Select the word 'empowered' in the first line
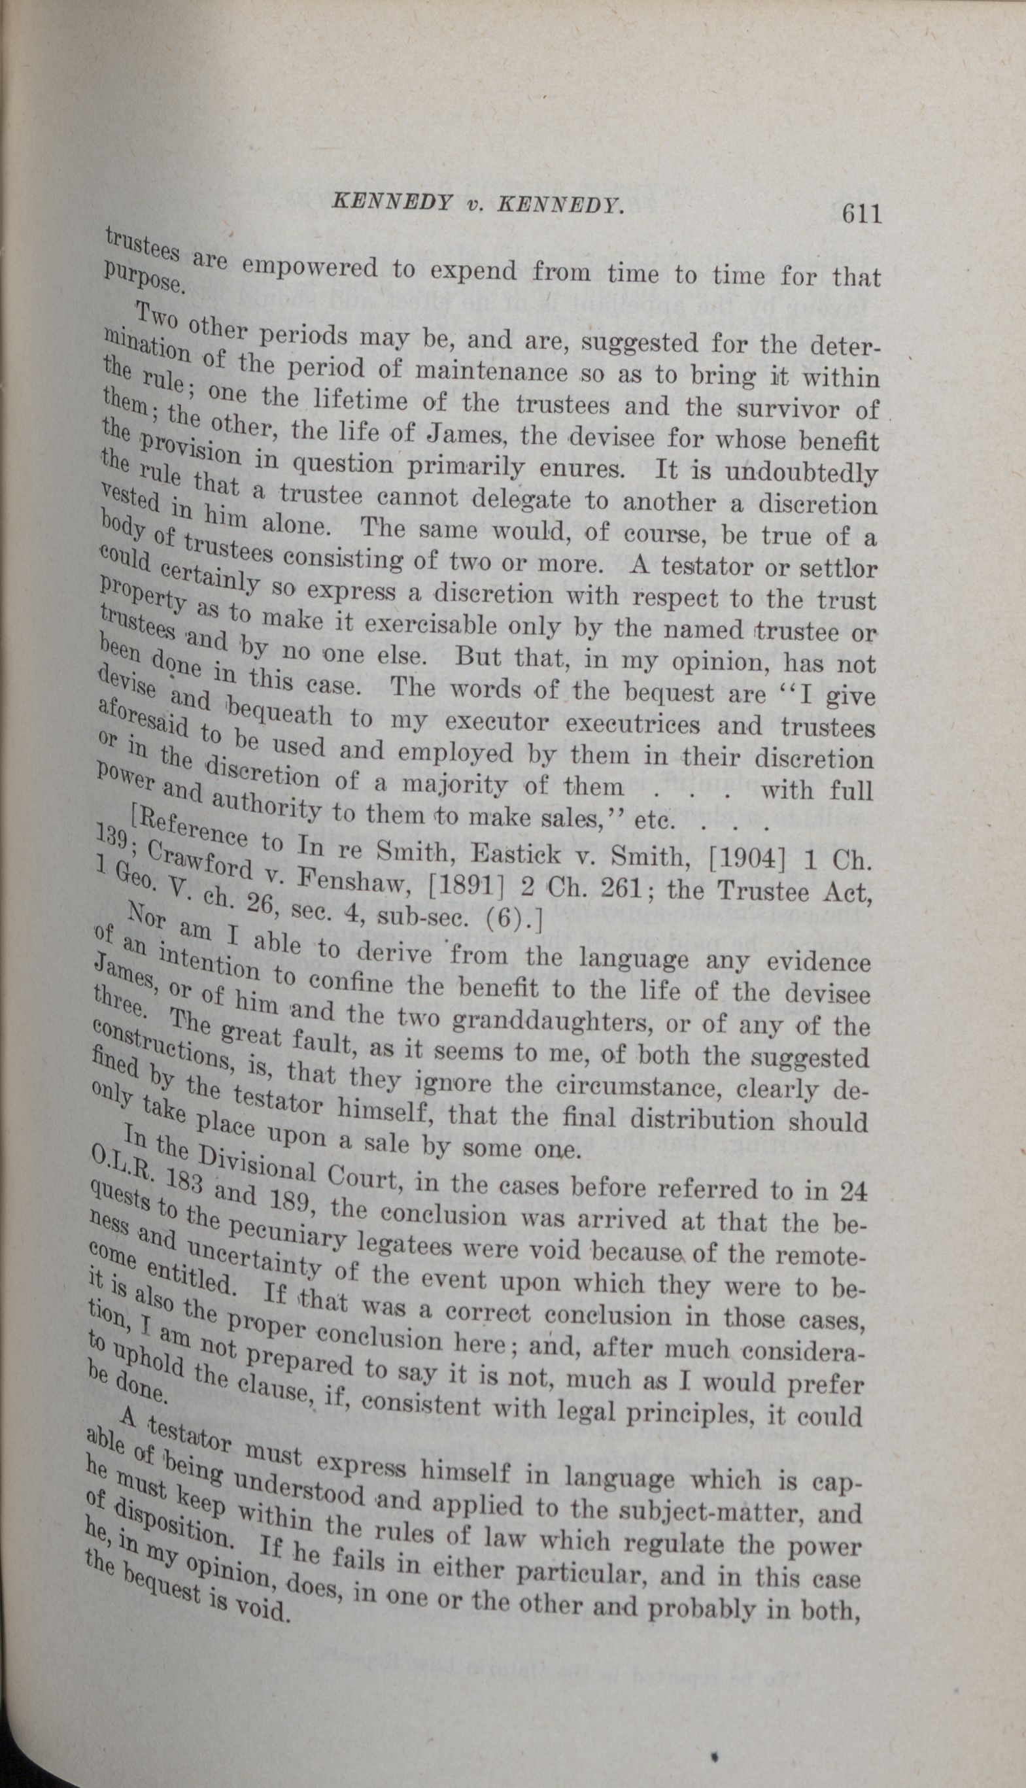[311, 268]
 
